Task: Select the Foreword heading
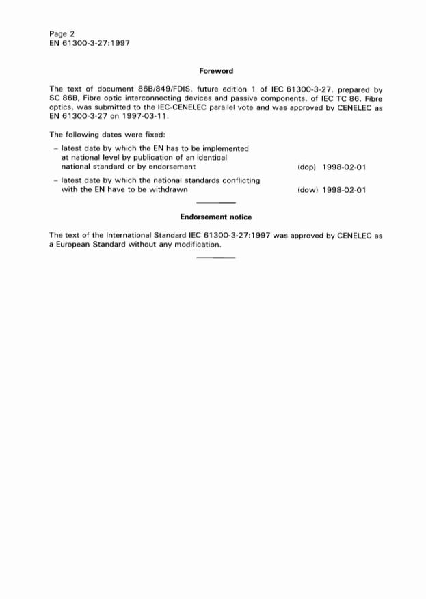click(216, 71)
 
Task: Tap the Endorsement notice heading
click(216, 217)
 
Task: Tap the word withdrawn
click(170, 190)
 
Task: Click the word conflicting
click(239, 181)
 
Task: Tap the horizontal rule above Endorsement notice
click(216, 204)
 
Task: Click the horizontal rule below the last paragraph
click(216, 257)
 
